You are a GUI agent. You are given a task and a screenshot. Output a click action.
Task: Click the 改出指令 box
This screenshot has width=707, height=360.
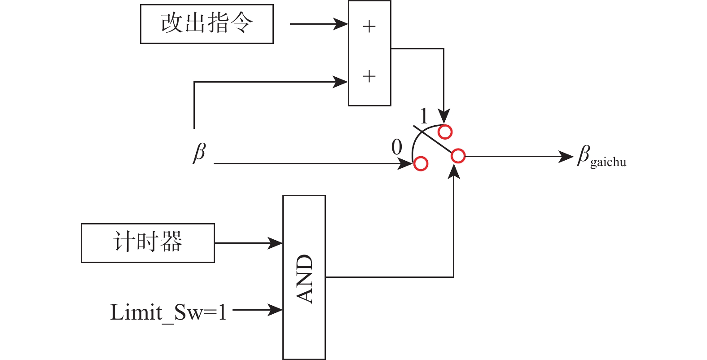pos(207,24)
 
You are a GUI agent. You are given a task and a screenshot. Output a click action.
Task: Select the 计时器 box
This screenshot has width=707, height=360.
pos(148,243)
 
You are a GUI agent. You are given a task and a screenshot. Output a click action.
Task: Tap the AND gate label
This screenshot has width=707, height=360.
pos(304,278)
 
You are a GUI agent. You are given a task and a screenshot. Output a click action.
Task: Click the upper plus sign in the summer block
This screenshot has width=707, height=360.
pos(369,27)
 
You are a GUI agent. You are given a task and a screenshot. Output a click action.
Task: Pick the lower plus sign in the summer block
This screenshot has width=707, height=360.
pos(369,76)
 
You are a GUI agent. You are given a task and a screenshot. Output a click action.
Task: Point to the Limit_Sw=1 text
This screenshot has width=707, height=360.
pos(168,312)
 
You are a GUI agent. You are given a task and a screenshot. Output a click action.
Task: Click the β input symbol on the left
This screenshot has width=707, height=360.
pos(199,153)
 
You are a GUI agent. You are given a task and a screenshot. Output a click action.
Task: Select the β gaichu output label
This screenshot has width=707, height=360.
pos(601,157)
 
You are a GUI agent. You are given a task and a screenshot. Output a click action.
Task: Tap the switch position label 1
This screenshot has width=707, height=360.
pos(424,116)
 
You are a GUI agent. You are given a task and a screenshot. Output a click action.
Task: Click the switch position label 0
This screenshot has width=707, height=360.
pos(397,147)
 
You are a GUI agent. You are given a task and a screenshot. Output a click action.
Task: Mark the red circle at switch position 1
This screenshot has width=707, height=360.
pos(445,132)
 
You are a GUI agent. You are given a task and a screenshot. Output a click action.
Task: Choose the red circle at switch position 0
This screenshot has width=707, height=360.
pos(421,164)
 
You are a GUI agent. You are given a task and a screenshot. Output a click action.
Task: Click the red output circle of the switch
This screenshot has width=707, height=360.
pos(458,156)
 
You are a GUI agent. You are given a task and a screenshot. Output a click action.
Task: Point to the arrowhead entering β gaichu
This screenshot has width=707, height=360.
pos(566,157)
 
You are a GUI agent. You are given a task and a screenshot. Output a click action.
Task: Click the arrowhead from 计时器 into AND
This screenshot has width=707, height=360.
pos(276,243)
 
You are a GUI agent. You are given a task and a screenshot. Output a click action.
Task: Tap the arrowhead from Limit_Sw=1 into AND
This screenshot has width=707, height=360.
pos(276,310)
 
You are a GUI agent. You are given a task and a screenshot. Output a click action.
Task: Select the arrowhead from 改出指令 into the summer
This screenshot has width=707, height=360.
pos(341,24)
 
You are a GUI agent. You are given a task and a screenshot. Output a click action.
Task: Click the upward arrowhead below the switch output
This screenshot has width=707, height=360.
pos(454,171)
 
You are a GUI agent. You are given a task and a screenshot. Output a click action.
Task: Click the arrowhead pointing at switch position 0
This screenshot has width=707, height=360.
pos(406,164)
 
